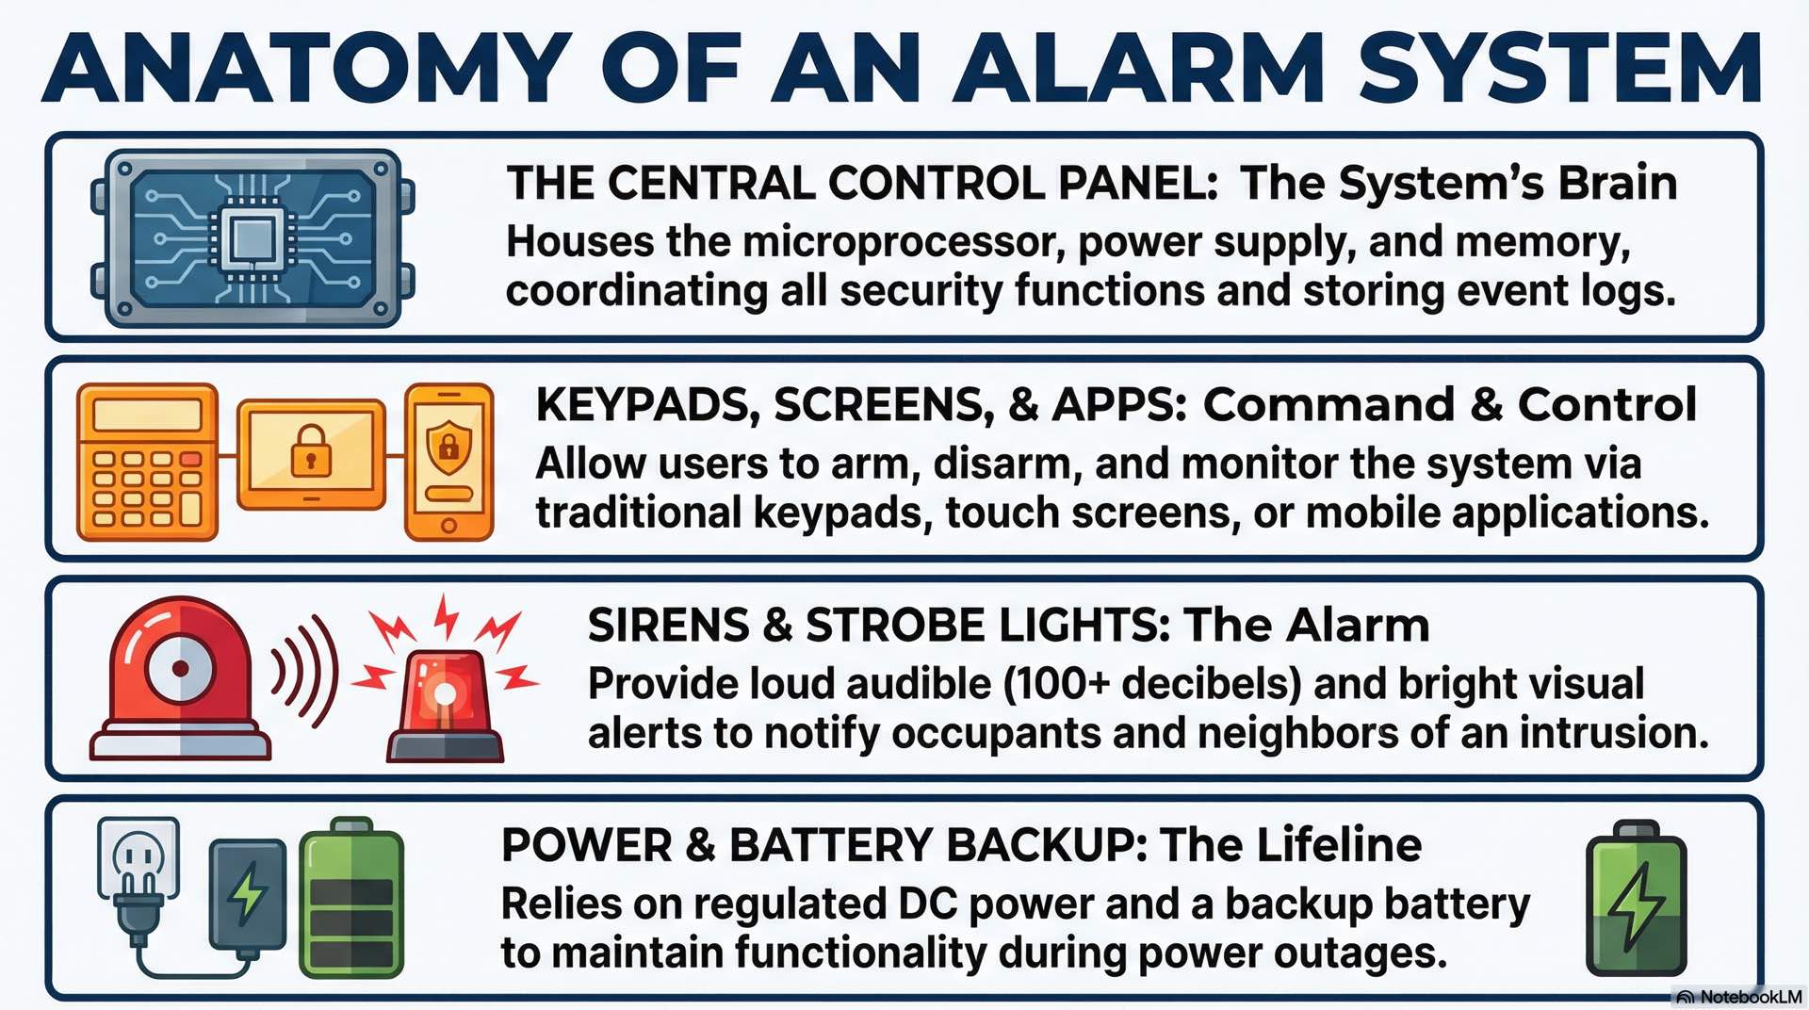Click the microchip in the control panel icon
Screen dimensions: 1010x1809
pos(251,237)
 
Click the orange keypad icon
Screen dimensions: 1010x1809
pos(147,462)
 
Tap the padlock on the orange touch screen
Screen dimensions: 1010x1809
pos(311,450)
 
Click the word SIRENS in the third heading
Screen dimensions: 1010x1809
pos(668,626)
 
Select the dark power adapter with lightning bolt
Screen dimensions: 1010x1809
pos(247,895)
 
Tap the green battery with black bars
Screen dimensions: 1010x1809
pos(351,900)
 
